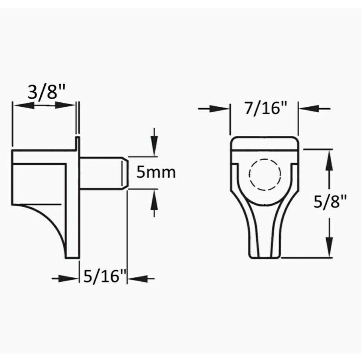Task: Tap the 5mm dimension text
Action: click(x=156, y=172)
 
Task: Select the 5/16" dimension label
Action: click(x=105, y=276)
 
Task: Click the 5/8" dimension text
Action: click(x=330, y=201)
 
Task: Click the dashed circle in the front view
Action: click(x=265, y=175)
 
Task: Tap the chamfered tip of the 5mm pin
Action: click(x=125, y=173)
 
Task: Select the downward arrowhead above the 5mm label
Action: click(x=154, y=145)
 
